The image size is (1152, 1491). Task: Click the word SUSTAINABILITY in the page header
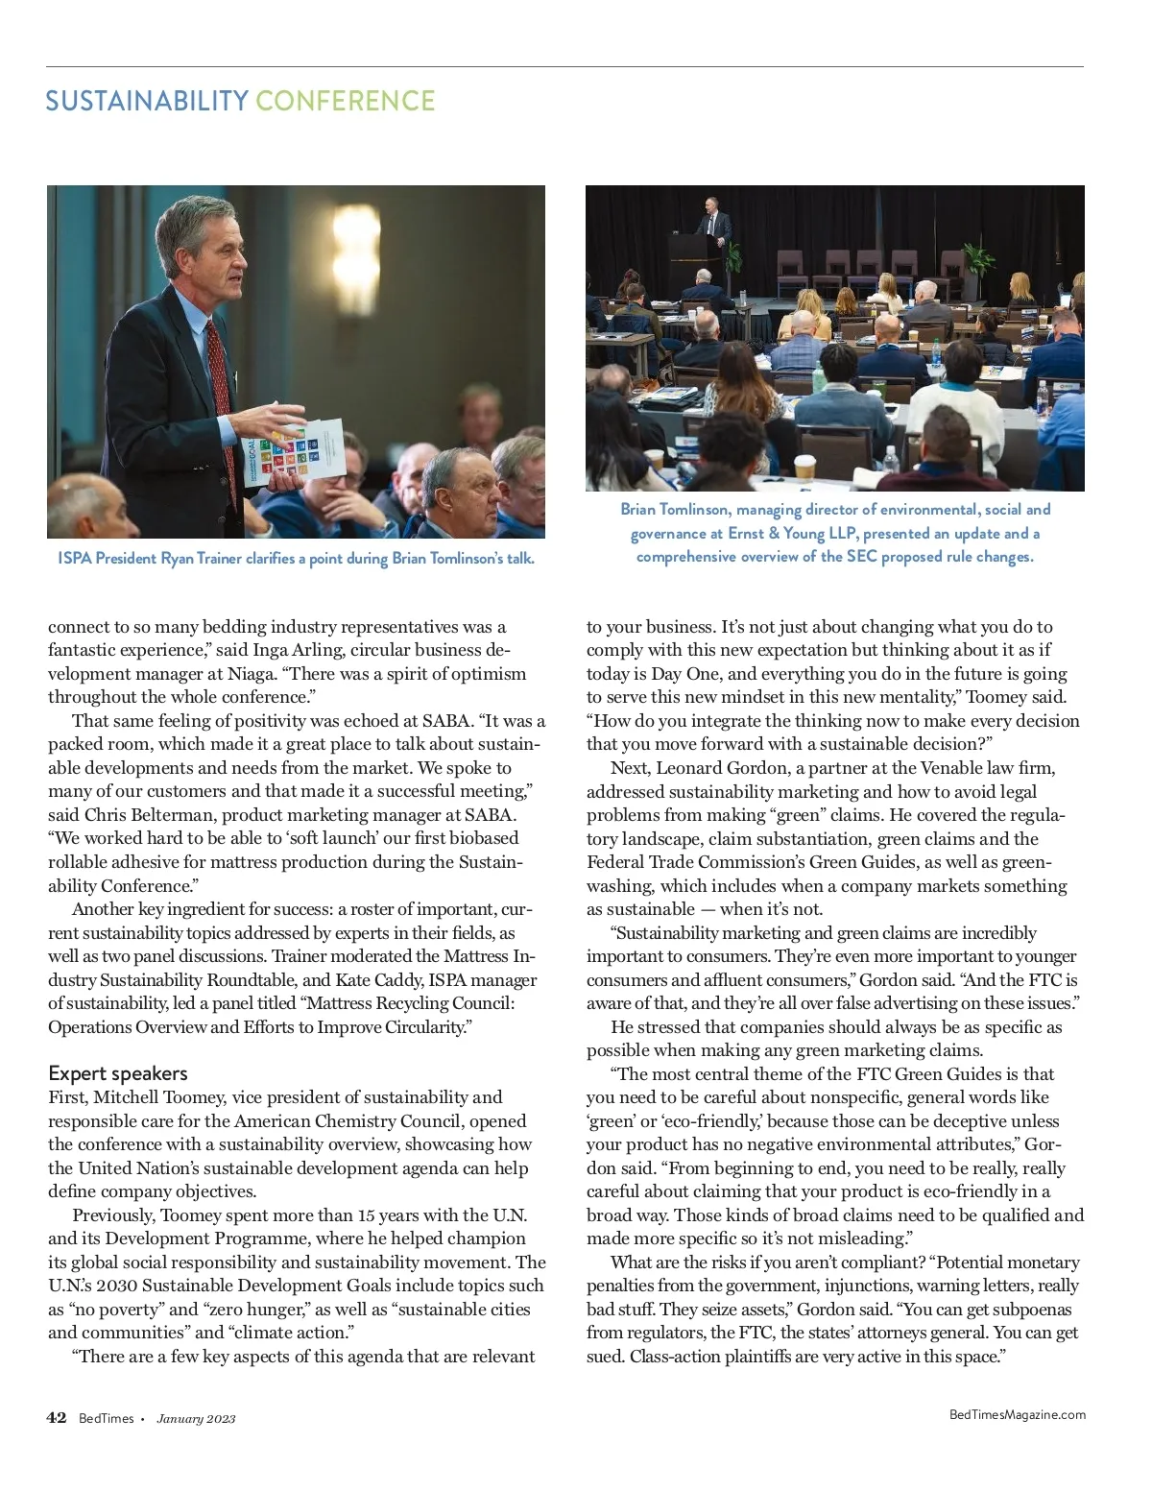pos(147,101)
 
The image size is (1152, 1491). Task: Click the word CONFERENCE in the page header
pos(345,101)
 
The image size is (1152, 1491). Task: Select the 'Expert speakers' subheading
pos(118,1073)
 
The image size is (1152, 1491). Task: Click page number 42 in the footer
pos(57,1418)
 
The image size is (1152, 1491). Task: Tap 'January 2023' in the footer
pos(196,1419)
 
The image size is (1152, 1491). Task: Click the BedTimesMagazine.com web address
pos(1017,1414)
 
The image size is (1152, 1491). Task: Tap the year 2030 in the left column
pos(118,1286)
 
